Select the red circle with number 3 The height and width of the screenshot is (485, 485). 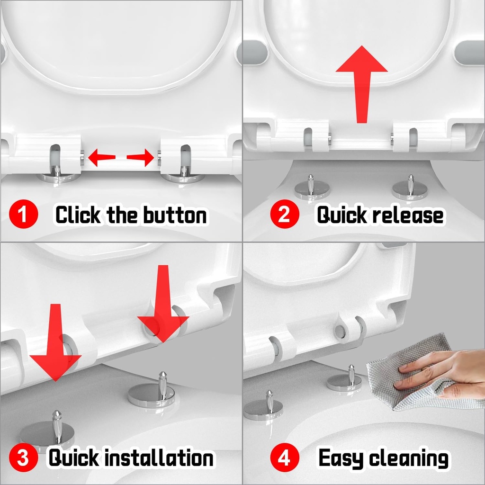[x=23, y=458]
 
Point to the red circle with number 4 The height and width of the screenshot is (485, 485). [x=284, y=458]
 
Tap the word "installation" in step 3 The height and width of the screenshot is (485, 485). [x=158, y=458]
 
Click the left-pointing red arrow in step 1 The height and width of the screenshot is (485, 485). [x=101, y=157]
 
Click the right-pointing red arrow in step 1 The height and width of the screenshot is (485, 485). [x=141, y=157]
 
